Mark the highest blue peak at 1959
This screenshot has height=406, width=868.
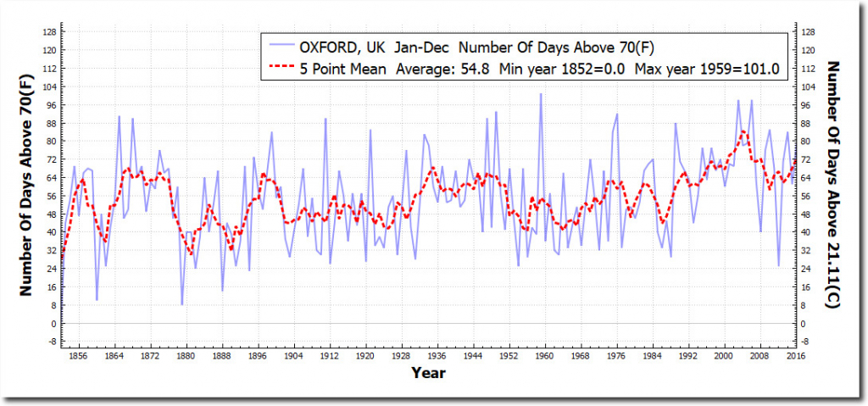click(x=541, y=93)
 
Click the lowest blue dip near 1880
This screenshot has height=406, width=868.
click(x=181, y=304)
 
